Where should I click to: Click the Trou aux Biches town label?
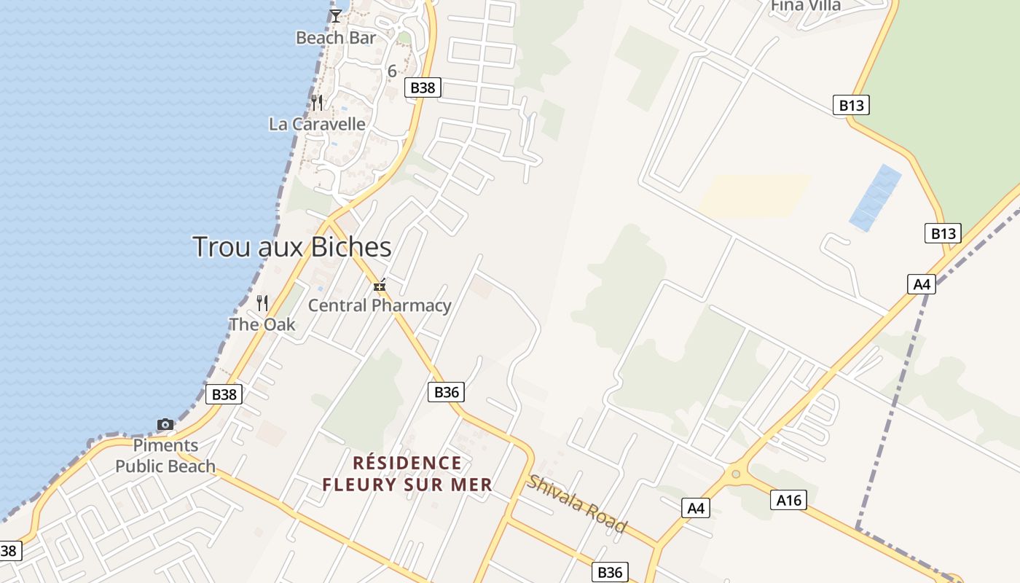292,247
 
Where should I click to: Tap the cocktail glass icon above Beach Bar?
335,15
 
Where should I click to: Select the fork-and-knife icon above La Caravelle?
317,102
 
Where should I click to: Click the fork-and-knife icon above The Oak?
262,302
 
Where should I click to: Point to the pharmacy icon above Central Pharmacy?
379,286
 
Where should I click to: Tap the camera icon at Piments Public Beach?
165,424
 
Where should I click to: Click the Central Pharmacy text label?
380,305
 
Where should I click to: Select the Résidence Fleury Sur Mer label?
407,474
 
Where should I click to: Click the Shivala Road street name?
577,504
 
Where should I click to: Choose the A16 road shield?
788,500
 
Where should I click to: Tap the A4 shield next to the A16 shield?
696,508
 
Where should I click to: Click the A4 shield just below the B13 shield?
922,284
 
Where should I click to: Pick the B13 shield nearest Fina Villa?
851,105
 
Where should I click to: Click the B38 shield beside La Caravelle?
423,88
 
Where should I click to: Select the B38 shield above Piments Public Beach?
224,394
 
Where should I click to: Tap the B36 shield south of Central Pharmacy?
446,392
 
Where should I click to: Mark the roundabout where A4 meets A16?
735,474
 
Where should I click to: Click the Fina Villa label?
806,6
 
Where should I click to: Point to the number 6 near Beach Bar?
392,71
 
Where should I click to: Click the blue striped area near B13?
875,197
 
